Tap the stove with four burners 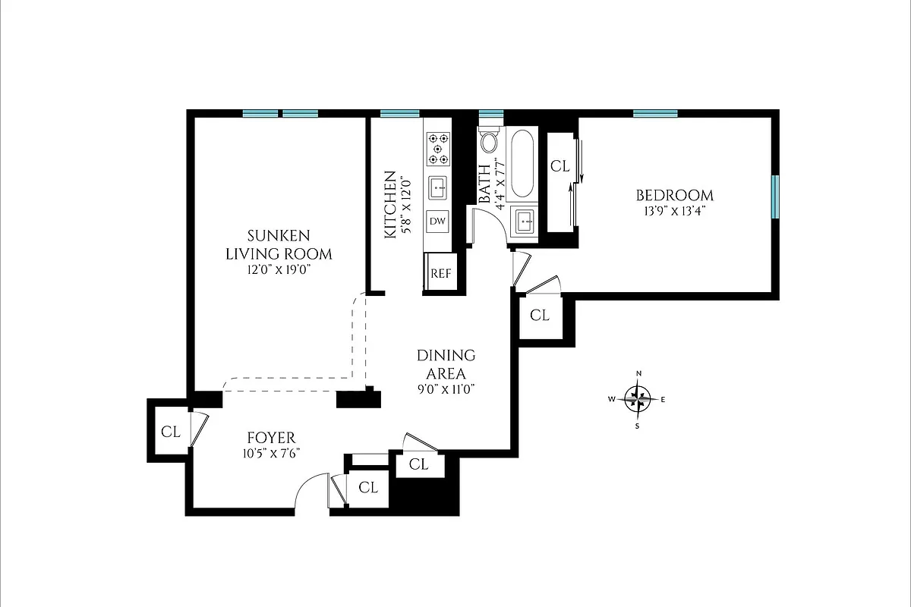coord(438,149)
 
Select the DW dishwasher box coord(437,221)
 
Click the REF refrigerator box coord(440,274)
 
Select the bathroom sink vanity coord(525,222)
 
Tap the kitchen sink coord(438,187)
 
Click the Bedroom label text coord(674,195)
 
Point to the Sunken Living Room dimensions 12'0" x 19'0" coord(279,268)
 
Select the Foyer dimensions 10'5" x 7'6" coord(270,454)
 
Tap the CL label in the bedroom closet coord(560,166)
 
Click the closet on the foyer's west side coord(171,432)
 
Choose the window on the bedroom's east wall coord(775,197)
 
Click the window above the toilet coord(491,115)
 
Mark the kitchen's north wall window coord(399,115)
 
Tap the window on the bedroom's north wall coord(655,115)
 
